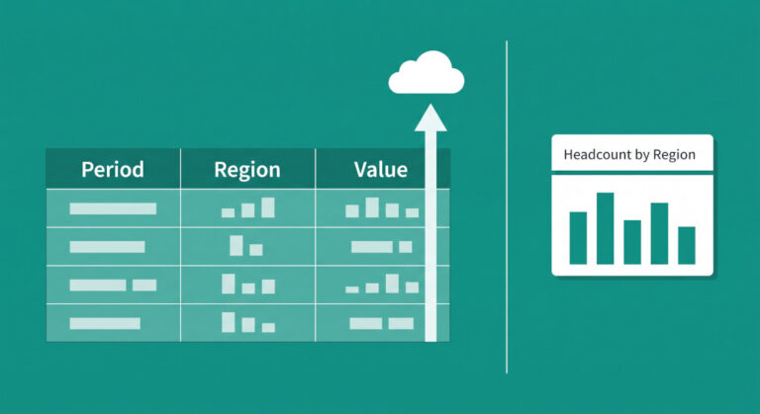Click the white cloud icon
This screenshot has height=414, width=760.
coord(427,73)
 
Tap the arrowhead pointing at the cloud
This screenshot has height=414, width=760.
coord(430,119)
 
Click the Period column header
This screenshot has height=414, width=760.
coord(113,169)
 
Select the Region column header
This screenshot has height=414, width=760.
coord(247,169)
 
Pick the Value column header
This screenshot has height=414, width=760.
coord(381,169)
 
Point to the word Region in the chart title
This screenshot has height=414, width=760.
coord(674,155)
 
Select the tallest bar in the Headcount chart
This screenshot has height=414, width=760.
coord(605,228)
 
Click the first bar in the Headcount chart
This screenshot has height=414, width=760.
coord(578,238)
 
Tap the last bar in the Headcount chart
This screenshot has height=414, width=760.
coord(687,245)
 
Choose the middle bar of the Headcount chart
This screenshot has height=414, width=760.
coord(632,242)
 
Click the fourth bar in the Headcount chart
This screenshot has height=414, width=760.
coord(659,233)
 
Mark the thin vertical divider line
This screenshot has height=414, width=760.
coord(507,207)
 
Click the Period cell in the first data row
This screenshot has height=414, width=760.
coord(113,208)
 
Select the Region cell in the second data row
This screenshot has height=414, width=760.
coord(247,246)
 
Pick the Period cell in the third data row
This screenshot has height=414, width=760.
coord(113,285)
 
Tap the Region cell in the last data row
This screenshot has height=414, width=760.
coord(247,323)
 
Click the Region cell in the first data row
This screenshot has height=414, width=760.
coord(247,208)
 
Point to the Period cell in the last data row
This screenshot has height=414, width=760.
coord(113,323)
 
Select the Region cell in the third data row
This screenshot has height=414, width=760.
coord(247,285)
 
